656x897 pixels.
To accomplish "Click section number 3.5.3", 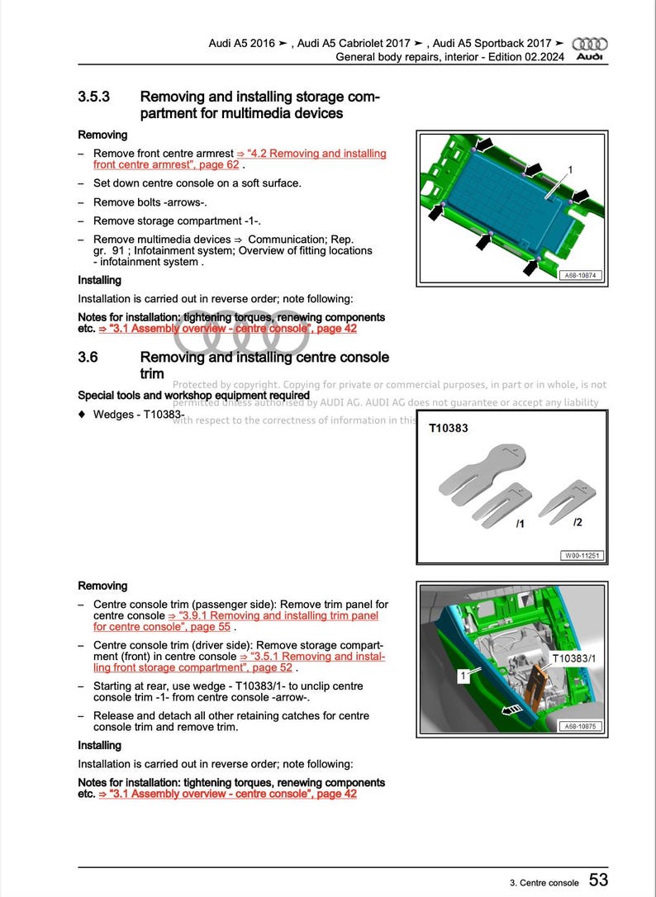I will (94, 97).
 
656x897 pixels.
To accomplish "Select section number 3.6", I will (88, 358).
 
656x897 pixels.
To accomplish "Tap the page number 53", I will (599, 880).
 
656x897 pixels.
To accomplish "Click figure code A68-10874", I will (581, 277).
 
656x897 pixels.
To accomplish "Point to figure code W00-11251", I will (581, 555).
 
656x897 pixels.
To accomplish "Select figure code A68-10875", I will (581, 727).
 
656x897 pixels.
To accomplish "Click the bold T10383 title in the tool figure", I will (449, 430).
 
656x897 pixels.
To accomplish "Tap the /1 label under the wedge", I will (520, 524).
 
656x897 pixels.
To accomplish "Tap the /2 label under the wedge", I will (578, 522).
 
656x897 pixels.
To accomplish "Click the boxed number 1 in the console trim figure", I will (463, 676).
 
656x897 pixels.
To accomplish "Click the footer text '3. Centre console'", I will (544, 882).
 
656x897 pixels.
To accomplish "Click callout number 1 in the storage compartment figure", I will (569, 169).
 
